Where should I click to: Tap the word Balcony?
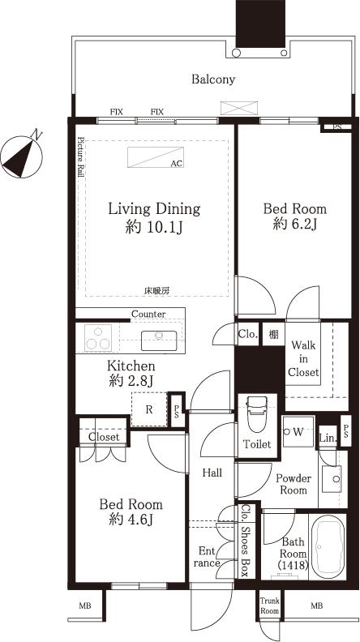(x=213, y=79)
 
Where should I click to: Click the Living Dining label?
(x=154, y=209)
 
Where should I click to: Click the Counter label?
(x=148, y=314)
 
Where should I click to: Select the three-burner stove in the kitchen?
(x=98, y=336)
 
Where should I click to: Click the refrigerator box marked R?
(x=148, y=410)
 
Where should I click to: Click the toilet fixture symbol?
(x=256, y=413)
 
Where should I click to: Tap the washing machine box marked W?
(x=297, y=431)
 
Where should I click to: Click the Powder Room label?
(x=293, y=484)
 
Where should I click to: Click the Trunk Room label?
(x=269, y=605)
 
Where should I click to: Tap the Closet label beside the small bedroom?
(x=104, y=437)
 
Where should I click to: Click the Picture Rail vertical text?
(x=80, y=156)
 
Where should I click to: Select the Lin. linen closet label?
(x=327, y=439)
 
